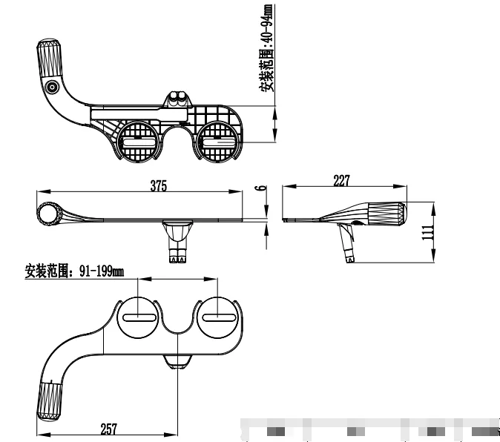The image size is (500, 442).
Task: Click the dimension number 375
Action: click(x=158, y=187)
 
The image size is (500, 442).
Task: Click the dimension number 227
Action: click(x=341, y=179)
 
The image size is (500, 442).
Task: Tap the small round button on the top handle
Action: click(x=52, y=88)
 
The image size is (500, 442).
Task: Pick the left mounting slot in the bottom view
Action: click(x=139, y=317)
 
